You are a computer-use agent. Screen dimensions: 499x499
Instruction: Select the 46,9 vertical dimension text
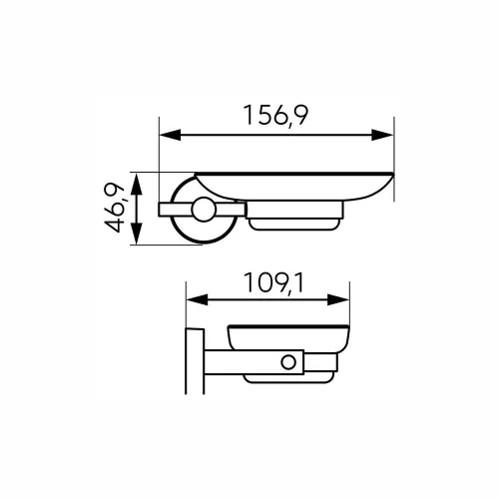(x=119, y=210)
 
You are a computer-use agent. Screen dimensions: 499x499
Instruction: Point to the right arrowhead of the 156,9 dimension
(x=386, y=135)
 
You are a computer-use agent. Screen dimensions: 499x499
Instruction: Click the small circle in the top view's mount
(x=205, y=210)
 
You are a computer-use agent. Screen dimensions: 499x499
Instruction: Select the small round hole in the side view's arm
(x=289, y=360)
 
